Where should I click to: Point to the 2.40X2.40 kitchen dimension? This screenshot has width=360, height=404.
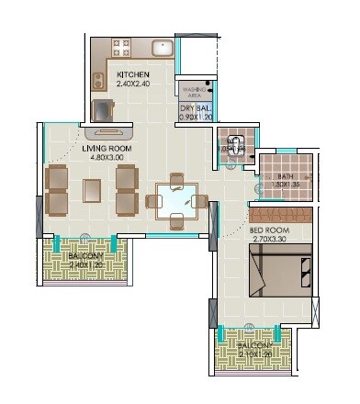pos(133,84)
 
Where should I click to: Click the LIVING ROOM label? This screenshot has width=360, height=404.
pos(105,147)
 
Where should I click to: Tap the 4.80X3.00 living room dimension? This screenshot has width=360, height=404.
pos(106,157)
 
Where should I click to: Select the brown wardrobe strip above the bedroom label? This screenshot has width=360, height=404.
pos(281,215)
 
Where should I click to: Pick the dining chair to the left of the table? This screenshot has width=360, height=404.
pos(152,199)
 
